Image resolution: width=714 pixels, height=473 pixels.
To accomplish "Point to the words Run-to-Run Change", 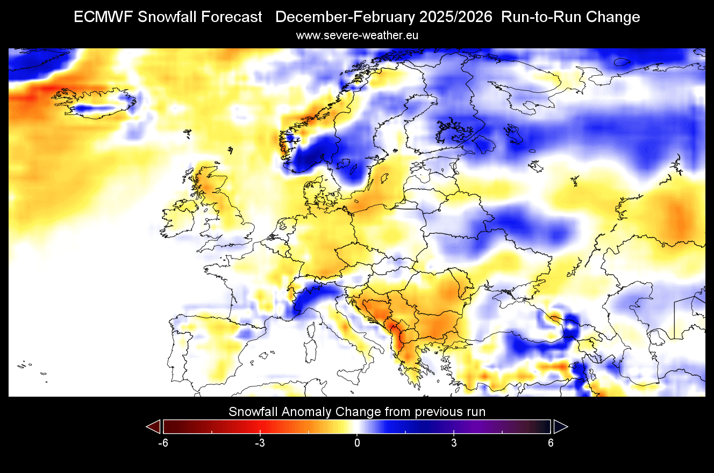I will coord(570,17).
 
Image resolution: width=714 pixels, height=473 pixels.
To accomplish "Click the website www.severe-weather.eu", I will coord(357,35).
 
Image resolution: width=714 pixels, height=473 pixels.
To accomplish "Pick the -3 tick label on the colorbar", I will coord(260,443).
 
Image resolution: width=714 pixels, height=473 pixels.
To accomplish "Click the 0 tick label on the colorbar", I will coord(357,443).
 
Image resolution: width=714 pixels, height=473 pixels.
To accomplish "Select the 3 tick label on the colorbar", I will coord(454,443).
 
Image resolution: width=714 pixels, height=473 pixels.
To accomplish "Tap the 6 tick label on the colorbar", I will coord(551,443).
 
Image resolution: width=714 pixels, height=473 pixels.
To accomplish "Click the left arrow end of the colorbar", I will coord(154,427).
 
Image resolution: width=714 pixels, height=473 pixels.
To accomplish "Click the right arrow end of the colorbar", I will coord(560,427).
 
